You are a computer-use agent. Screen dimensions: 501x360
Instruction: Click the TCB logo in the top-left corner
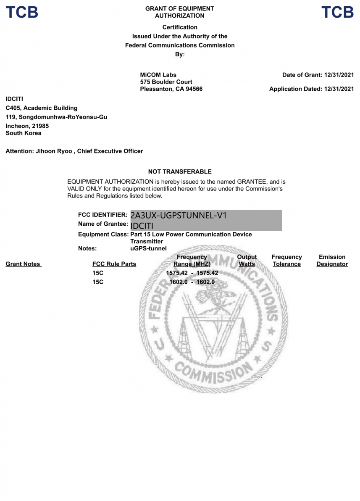pyautogui.click(x=22, y=12)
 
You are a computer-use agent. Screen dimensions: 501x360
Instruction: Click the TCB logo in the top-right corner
pyautogui.click(x=337, y=12)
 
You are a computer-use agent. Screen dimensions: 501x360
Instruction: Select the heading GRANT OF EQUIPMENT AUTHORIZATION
pyautogui.click(x=179, y=12)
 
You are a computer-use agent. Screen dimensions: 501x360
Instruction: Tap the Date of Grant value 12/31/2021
pyautogui.click(x=339, y=75)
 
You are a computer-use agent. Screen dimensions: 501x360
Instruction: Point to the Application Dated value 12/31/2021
pyautogui.click(x=339, y=89)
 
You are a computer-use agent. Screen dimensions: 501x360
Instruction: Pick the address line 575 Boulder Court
pyautogui.click(x=166, y=82)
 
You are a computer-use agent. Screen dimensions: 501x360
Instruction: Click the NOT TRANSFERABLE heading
pyautogui.click(x=180, y=171)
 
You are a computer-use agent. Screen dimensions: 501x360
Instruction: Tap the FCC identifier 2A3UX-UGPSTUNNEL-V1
pyautogui.click(x=179, y=215)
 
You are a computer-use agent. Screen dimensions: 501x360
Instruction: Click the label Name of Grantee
pyautogui.click(x=102, y=224)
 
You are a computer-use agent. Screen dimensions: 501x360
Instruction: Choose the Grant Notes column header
pyautogui.click(x=23, y=264)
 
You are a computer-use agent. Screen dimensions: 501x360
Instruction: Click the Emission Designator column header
pyautogui.click(x=332, y=261)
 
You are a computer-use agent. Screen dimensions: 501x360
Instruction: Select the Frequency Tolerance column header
pyautogui.click(x=286, y=261)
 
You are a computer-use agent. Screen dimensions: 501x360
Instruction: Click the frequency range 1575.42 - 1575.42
pyautogui.click(x=192, y=273)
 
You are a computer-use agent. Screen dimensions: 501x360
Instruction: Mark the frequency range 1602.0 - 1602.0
pyautogui.click(x=192, y=282)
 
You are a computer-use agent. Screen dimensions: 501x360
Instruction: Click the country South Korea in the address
pyautogui.click(x=24, y=133)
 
